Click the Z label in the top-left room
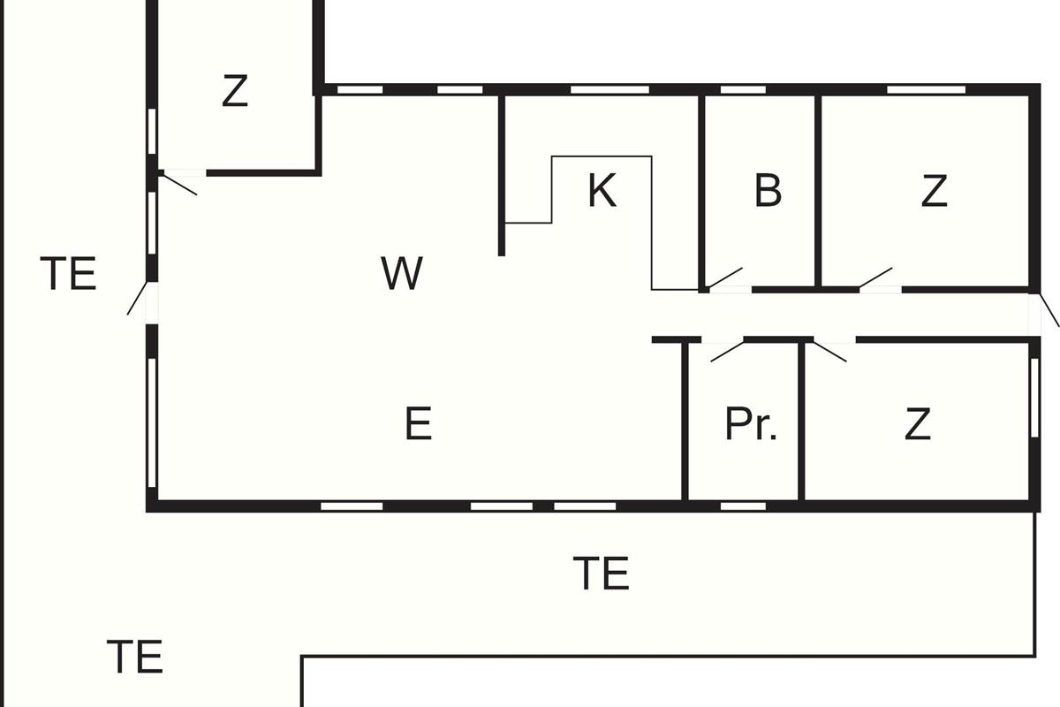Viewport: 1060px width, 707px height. pos(235,90)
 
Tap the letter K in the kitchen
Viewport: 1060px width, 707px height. pos(602,190)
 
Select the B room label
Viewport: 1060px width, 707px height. pos(768,190)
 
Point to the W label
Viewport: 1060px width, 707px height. pos(402,273)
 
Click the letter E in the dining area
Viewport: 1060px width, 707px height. pos(419,423)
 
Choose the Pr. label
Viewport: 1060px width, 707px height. pos(751,423)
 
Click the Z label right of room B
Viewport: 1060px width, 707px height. pos(935,190)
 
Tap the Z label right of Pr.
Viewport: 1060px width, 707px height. pos(918,423)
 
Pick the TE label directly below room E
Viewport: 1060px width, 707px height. pos(601,574)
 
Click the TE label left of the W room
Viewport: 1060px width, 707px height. pos(68,273)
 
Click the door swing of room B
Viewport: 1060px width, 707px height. pos(724,277)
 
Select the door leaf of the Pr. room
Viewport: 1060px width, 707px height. pos(727,352)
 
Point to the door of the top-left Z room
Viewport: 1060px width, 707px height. pos(178,185)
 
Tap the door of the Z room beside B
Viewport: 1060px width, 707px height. pos(875,277)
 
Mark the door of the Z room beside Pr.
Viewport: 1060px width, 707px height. pos(829,352)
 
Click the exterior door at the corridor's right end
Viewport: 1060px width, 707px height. pos(1049,310)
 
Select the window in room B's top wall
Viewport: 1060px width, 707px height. pos(743,90)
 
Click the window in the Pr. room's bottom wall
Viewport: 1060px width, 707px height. pos(743,506)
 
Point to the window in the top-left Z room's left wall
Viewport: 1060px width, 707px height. pos(152,132)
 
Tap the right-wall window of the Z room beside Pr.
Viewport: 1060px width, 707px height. pos(1034,398)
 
